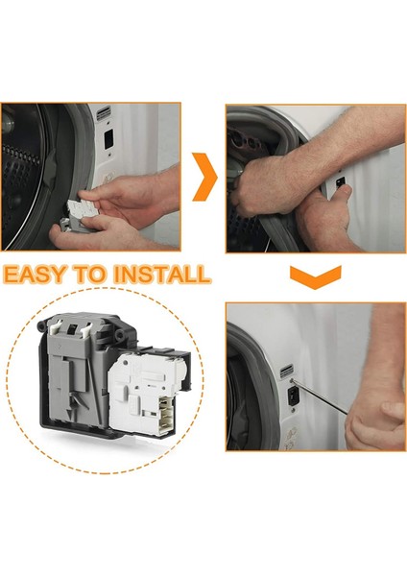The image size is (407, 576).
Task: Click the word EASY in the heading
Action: tap(36, 274)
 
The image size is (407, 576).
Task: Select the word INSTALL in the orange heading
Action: tap(162, 274)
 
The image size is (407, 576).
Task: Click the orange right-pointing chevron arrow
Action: tap(205, 177)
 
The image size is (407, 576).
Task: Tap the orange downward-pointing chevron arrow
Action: tap(316, 276)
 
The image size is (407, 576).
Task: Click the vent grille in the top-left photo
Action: tap(104, 112)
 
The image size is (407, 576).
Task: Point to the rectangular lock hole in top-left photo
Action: tap(108, 139)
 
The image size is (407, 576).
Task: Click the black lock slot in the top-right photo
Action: tap(340, 181)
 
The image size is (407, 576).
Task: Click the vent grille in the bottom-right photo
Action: tap(286, 372)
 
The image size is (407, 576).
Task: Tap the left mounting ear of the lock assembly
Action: tap(41, 325)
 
